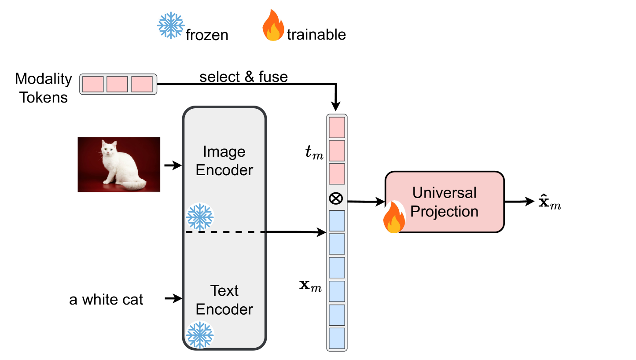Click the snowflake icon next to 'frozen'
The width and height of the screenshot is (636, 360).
pyautogui.click(x=171, y=25)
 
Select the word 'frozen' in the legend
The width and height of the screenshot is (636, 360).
pyautogui.click(x=207, y=35)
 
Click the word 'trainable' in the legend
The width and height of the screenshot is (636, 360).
pyautogui.click(x=316, y=34)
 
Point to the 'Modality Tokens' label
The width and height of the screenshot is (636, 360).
pyautogui.click(x=43, y=88)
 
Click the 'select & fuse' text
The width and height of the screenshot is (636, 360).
pyautogui.click(x=243, y=77)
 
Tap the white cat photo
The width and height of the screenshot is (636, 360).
pyautogui.click(x=119, y=164)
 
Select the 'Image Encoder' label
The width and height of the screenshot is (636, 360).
pyautogui.click(x=224, y=161)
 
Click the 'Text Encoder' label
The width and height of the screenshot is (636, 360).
pyautogui.click(x=224, y=300)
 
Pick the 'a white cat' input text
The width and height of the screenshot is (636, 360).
pyautogui.click(x=106, y=300)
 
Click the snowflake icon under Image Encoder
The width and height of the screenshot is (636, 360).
pyautogui.click(x=200, y=217)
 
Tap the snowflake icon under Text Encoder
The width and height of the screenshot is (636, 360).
pyautogui.click(x=199, y=335)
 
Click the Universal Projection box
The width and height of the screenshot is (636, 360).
pyautogui.click(x=445, y=202)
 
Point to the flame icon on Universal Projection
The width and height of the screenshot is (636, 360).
pyautogui.click(x=393, y=217)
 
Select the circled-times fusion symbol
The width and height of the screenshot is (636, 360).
pyautogui.click(x=336, y=199)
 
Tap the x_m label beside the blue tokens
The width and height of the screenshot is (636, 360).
pyautogui.click(x=310, y=287)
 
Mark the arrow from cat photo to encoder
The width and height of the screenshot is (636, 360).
pyautogui.click(x=173, y=166)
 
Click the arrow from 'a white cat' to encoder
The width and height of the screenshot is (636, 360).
pyautogui.click(x=173, y=299)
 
